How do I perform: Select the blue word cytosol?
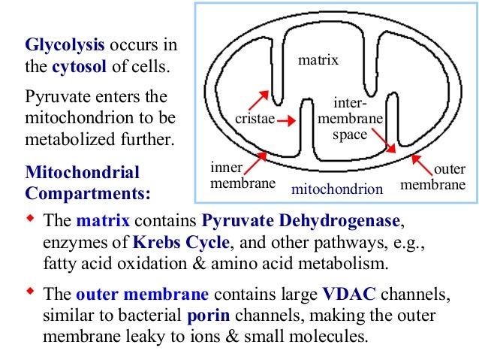pos(79,69)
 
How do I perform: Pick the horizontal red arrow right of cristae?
pos(286,119)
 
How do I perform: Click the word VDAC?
pos(347,294)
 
